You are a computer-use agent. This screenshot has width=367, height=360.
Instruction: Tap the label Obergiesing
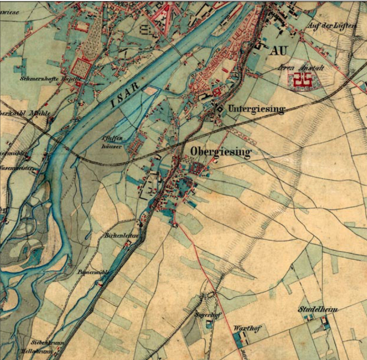click(x=220, y=152)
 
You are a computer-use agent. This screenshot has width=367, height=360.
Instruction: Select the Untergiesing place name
click(x=256, y=109)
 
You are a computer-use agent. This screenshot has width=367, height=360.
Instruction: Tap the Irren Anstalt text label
click(x=301, y=68)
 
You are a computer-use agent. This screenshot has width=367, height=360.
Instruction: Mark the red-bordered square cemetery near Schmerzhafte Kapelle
click(x=82, y=69)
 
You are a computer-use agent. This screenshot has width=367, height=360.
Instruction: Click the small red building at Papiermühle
click(x=101, y=284)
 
